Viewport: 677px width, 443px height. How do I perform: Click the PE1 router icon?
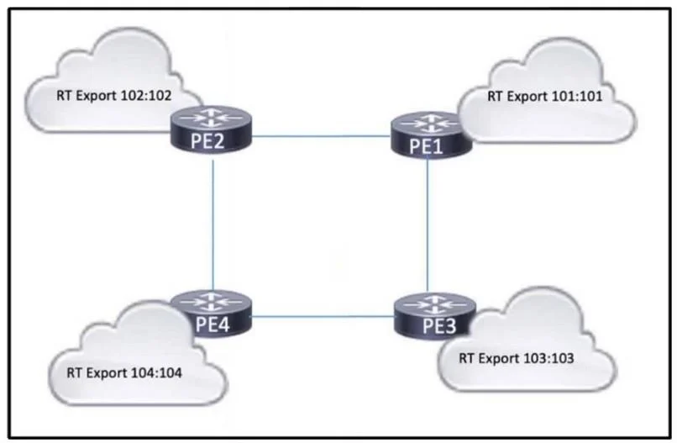430,135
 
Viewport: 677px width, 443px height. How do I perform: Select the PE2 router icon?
211,129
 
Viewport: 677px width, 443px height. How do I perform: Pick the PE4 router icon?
212,313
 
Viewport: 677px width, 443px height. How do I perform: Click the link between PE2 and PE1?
321,136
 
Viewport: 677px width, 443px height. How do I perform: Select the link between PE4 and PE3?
323,317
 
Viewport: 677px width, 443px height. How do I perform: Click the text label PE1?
426,146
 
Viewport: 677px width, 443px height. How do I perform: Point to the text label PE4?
213,324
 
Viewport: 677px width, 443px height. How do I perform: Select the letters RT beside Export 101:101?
495,96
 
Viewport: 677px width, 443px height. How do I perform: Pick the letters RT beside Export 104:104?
74,372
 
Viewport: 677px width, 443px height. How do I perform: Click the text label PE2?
207,141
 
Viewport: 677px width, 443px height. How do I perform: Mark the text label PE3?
439,326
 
